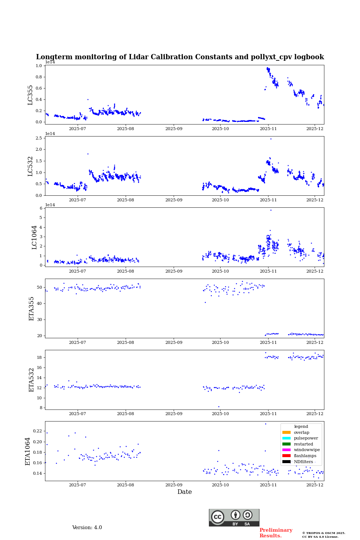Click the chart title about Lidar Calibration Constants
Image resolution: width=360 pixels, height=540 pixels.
point(180,57)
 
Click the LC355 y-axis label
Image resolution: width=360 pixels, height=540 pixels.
point(30,95)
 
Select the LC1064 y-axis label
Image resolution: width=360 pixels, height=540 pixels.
point(34,237)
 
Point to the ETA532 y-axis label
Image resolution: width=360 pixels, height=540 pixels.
point(31,379)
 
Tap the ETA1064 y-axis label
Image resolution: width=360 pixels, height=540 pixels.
point(28,451)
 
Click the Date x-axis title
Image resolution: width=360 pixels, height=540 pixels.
point(184,492)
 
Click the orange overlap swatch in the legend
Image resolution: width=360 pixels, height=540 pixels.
point(286,432)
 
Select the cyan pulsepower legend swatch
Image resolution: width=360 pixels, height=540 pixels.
point(286,438)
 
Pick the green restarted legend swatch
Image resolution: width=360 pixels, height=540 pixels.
point(286,444)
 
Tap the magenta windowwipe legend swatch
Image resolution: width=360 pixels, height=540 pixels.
point(286,450)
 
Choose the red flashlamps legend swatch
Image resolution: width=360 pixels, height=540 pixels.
point(286,456)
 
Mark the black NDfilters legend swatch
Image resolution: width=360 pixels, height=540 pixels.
point(286,462)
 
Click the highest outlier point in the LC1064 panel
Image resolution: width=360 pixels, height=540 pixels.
point(271,210)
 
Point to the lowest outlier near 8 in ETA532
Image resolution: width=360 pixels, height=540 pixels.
point(219,406)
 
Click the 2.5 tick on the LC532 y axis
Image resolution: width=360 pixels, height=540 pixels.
point(39,138)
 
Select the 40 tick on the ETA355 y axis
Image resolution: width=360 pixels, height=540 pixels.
point(40,303)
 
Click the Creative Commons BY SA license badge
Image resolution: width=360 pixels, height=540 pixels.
point(234,517)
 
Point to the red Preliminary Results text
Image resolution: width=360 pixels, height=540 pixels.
point(276,533)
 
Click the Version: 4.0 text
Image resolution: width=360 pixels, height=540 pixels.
point(87,528)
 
